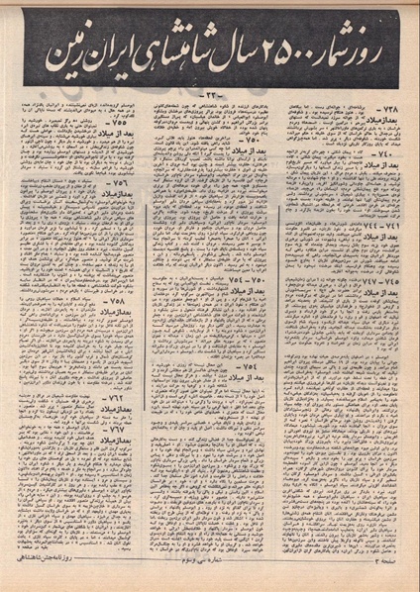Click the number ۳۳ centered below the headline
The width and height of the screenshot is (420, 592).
tap(209, 95)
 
